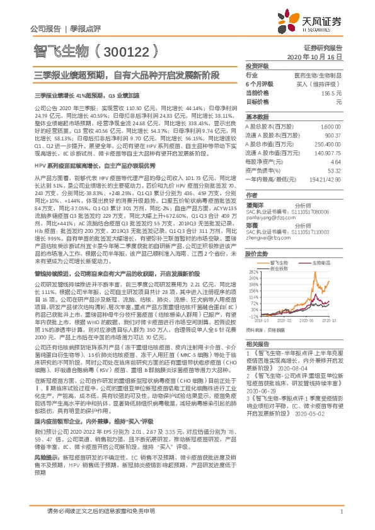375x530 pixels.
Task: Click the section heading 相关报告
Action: tap(257, 344)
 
